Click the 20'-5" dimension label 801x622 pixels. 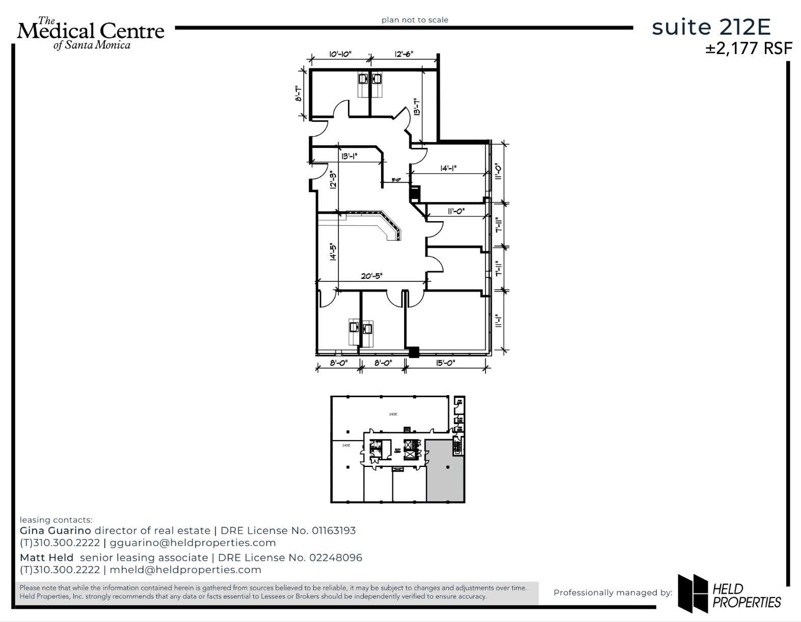tap(371, 276)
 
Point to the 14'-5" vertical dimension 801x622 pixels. tap(333, 251)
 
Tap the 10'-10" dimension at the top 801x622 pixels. tap(340, 54)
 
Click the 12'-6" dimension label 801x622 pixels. tap(404, 54)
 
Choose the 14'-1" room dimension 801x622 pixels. tap(448, 168)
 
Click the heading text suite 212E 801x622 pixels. tap(711, 27)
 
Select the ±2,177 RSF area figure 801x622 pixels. tap(749, 48)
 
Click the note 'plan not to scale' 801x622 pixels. tap(415, 20)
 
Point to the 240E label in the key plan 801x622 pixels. tap(393, 414)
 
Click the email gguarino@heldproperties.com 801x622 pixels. tap(193, 543)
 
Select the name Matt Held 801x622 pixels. tap(46, 558)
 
